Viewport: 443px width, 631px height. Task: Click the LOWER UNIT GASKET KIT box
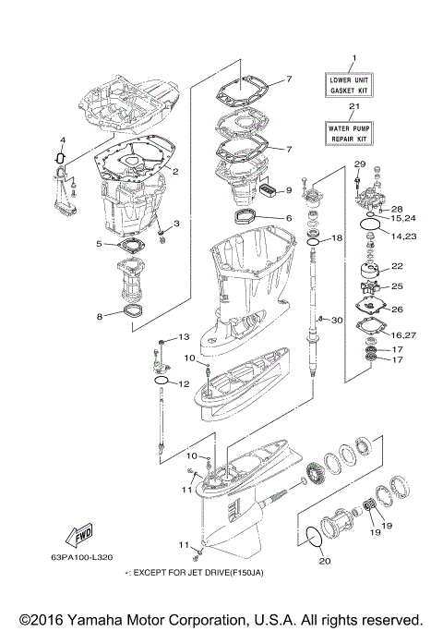coord(349,88)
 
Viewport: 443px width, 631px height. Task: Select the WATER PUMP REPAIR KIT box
coord(349,133)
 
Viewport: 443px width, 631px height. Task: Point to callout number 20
coord(323,560)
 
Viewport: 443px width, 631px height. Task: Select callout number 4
coord(63,141)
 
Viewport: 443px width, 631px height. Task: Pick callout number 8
coord(100,316)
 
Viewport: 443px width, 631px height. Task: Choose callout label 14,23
coord(402,237)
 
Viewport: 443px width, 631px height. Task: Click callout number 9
coord(288,190)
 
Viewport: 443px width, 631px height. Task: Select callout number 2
coord(175,171)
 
